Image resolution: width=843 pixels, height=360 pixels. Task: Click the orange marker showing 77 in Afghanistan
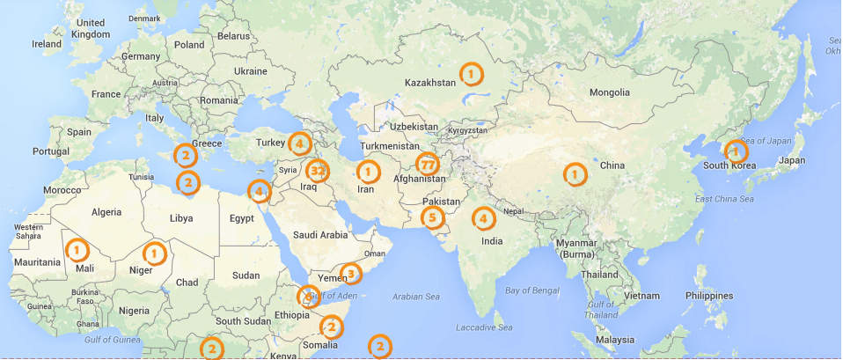428,165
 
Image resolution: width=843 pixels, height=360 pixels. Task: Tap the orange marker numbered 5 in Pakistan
432,217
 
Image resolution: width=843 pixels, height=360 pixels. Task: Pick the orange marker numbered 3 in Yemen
350,275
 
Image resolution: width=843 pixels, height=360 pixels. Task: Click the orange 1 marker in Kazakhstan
472,73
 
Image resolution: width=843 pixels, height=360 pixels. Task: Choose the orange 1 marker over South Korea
734,151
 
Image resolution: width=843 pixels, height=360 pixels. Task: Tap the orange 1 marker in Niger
155,253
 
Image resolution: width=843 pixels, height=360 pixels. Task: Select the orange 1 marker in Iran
368,171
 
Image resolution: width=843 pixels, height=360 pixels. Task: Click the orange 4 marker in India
483,217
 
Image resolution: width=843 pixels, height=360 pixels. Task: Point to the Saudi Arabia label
321,235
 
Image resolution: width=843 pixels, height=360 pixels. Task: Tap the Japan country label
792,160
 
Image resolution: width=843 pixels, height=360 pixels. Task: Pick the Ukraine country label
250,70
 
